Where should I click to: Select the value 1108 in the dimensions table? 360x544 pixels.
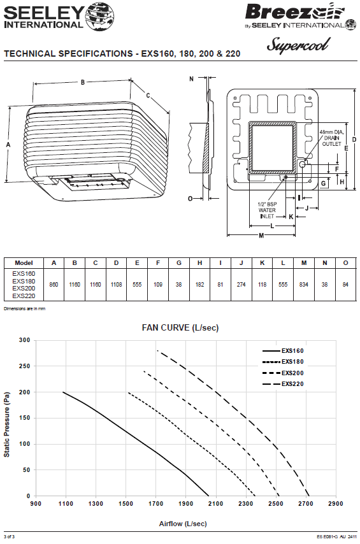point(117,285)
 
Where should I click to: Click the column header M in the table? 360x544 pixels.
point(304,263)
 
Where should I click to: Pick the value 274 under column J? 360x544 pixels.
point(241,285)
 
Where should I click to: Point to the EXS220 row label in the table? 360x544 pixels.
point(24,296)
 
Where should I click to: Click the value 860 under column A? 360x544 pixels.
point(54,285)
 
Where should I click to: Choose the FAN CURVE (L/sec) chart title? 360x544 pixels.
point(180,328)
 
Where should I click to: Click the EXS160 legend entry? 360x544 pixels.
point(283,351)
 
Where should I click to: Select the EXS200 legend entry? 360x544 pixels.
point(283,373)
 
